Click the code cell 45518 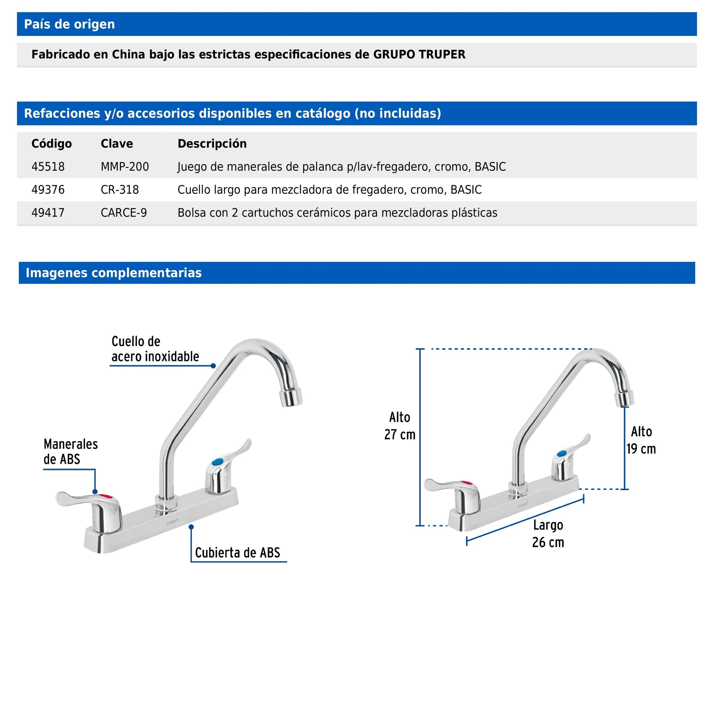[x=48, y=167]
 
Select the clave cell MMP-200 [x=124, y=167]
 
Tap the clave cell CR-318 [x=120, y=190]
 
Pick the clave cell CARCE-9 [x=124, y=213]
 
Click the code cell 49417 [x=48, y=213]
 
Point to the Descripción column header [x=212, y=144]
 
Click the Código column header [x=52, y=144]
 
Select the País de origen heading [x=69, y=24]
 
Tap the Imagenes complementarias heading [x=114, y=273]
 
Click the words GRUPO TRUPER [x=419, y=55]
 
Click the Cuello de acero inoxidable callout [x=155, y=349]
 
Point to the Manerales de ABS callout [x=70, y=452]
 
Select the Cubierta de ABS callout [x=237, y=553]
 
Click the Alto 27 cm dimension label [x=400, y=426]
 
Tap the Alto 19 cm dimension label [x=641, y=440]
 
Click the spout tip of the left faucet [x=291, y=398]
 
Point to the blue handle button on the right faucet [x=561, y=453]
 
